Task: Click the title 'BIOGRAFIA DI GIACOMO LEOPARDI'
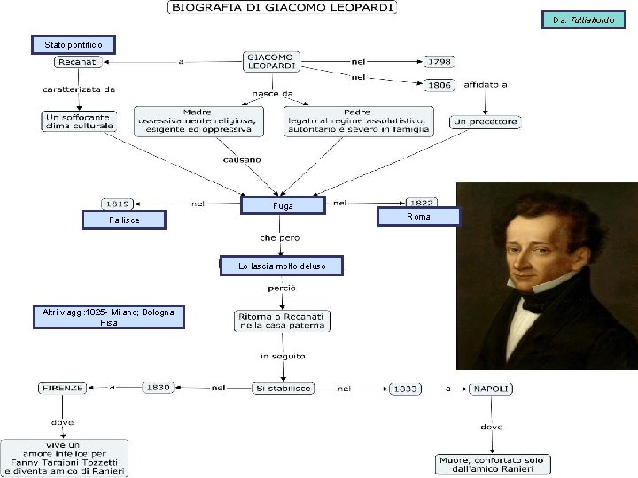coord(282,7)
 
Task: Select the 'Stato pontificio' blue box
coord(74,45)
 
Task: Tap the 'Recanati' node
coord(78,62)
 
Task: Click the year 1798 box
coord(440,61)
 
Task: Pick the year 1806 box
coord(440,85)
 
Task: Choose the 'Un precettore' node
coord(485,121)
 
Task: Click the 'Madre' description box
coord(199,121)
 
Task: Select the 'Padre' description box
coord(359,121)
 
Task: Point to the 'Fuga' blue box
coord(284,205)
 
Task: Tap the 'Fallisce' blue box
coord(124,220)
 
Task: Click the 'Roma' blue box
coord(418,217)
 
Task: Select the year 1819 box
coord(118,204)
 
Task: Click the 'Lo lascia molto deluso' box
coord(282,266)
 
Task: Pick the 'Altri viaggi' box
coord(109,317)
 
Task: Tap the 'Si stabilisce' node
coord(284,389)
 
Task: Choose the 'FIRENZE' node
coord(63,389)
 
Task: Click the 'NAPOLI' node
coord(491,389)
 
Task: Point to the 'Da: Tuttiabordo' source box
coord(583,19)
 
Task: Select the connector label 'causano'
coord(242,159)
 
